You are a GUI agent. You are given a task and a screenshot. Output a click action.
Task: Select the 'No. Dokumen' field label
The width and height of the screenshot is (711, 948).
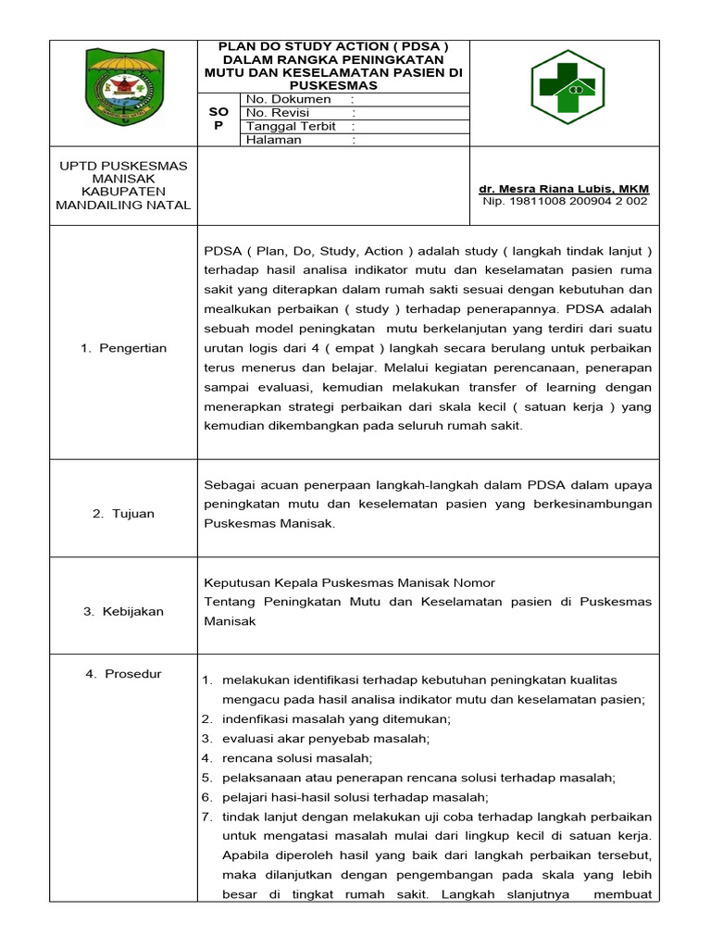[x=289, y=99]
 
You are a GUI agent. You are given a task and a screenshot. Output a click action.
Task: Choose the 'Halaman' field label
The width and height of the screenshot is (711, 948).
[x=274, y=140]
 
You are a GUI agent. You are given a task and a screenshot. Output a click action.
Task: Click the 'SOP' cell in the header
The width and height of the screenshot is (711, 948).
[x=219, y=118]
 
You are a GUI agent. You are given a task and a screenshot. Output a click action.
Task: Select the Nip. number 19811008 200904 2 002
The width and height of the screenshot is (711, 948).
[x=565, y=200]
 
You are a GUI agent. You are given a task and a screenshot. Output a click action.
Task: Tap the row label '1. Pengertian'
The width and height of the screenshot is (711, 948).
[x=124, y=348]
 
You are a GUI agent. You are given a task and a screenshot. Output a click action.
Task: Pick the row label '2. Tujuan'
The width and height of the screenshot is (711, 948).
[x=124, y=513]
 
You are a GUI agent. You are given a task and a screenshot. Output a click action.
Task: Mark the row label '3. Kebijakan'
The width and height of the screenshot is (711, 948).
[x=124, y=611]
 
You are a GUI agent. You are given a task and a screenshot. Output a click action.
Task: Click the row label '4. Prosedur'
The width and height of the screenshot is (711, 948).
[x=124, y=674]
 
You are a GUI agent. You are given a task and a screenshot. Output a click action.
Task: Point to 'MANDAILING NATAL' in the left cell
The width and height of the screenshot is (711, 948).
[x=124, y=205]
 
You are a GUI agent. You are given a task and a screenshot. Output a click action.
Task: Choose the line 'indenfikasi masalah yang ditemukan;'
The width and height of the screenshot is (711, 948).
[x=323, y=719]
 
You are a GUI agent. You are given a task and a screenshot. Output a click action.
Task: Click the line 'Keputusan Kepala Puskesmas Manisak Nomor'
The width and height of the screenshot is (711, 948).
[x=349, y=582]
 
